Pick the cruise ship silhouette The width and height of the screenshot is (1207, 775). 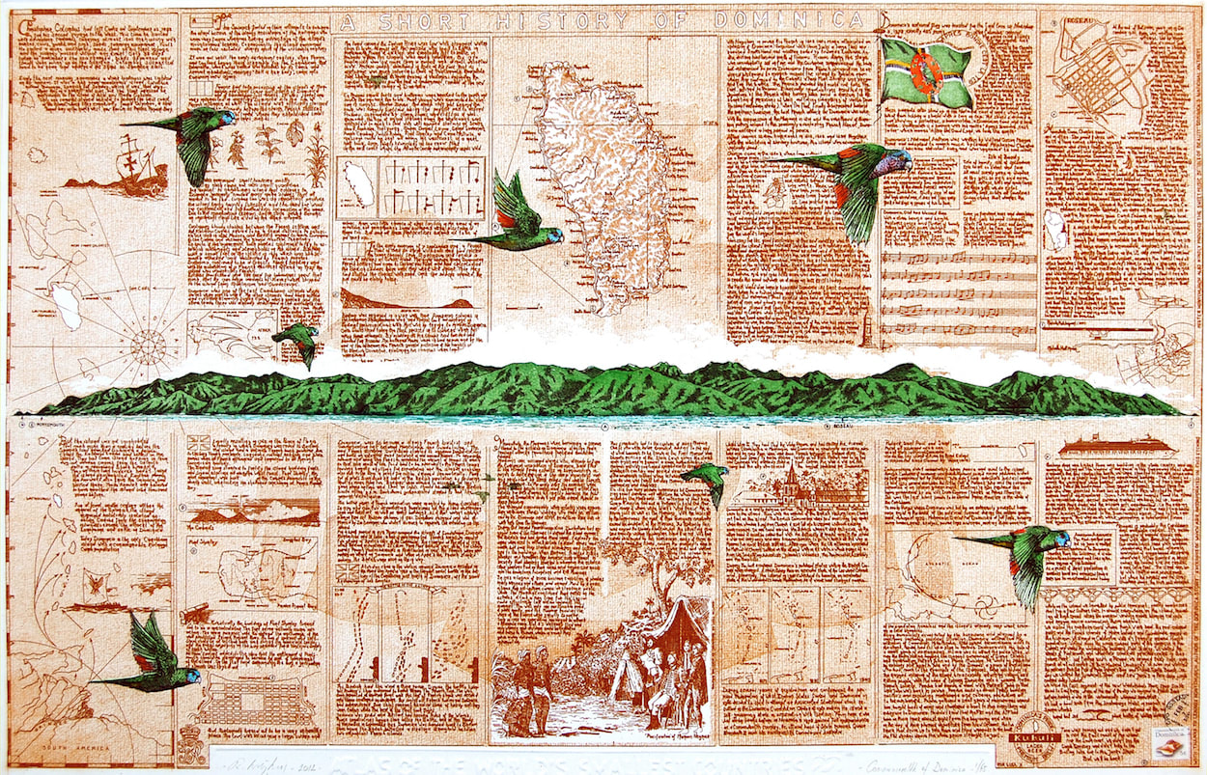point(1115,447)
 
